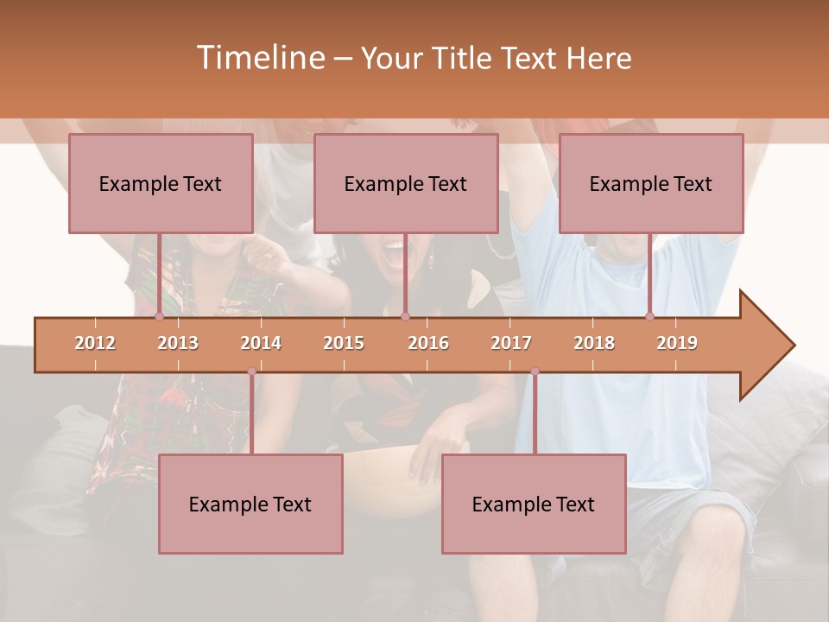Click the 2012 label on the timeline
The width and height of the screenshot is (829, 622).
(95, 343)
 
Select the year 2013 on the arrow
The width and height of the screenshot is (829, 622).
(178, 343)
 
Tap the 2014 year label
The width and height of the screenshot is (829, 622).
(261, 343)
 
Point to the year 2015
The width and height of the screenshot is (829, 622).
(344, 343)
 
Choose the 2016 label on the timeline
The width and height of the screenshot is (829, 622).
(428, 343)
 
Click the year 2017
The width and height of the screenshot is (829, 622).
(511, 343)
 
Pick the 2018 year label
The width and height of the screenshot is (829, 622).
(594, 343)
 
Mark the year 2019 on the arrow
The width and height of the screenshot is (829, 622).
(677, 343)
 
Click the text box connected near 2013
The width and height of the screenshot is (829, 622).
(161, 183)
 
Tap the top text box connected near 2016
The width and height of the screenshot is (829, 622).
(406, 183)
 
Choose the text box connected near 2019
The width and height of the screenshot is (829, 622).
(651, 183)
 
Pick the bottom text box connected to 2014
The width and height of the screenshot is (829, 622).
(250, 504)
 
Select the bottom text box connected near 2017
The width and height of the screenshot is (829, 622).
(534, 504)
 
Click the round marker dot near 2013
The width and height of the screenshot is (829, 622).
(159, 317)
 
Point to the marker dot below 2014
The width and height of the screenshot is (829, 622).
(251, 371)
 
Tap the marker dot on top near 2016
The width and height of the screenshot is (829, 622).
(405, 317)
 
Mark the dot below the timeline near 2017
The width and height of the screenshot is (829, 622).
(535, 371)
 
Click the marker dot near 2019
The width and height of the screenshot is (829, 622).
(649, 317)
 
